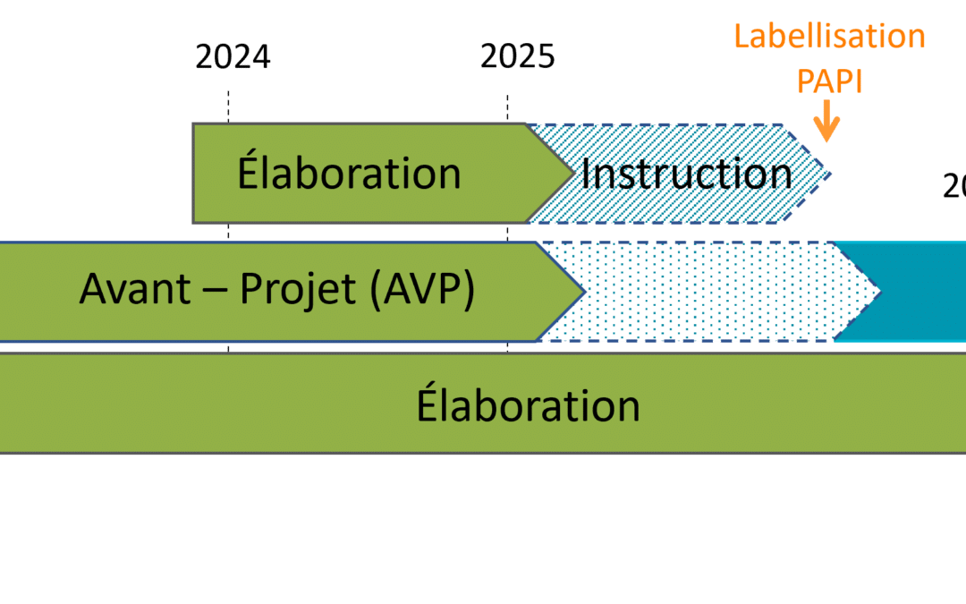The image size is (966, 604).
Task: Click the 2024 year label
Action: [x=233, y=57]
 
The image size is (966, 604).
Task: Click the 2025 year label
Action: [x=518, y=57]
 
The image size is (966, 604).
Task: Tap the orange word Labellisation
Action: [x=829, y=37]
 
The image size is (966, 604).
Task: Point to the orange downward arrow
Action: [x=827, y=123]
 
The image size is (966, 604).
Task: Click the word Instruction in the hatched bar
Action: [x=686, y=174]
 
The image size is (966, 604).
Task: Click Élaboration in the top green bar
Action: [x=349, y=174]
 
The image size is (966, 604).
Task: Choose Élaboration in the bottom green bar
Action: [x=529, y=405]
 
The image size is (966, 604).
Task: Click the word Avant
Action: [x=134, y=290]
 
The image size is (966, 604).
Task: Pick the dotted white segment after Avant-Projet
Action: [x=707, y=291]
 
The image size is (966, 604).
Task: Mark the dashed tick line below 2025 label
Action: [x=508, y=106]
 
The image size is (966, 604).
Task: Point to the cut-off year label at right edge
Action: [x=954, y=186]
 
